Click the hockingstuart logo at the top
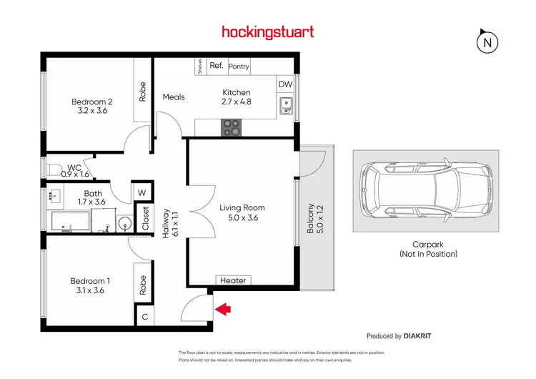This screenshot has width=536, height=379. coord(268,31)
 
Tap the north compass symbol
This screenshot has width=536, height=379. coord(487,42)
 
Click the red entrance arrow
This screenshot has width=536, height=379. coord(224,309)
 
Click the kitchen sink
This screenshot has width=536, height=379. coord(286,107)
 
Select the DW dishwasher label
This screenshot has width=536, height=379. coord(285,84)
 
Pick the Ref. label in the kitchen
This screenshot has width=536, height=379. coord(217,66)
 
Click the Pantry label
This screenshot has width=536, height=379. coord(239,67)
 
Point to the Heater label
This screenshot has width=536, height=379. coord(233,281)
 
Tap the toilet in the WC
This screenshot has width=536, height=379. coord(56,170)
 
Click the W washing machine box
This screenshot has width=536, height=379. coord(142,192)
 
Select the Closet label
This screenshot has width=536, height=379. coord(146,217)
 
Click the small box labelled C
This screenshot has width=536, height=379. coord(144,315)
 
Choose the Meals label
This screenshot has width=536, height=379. coord(174,97)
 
